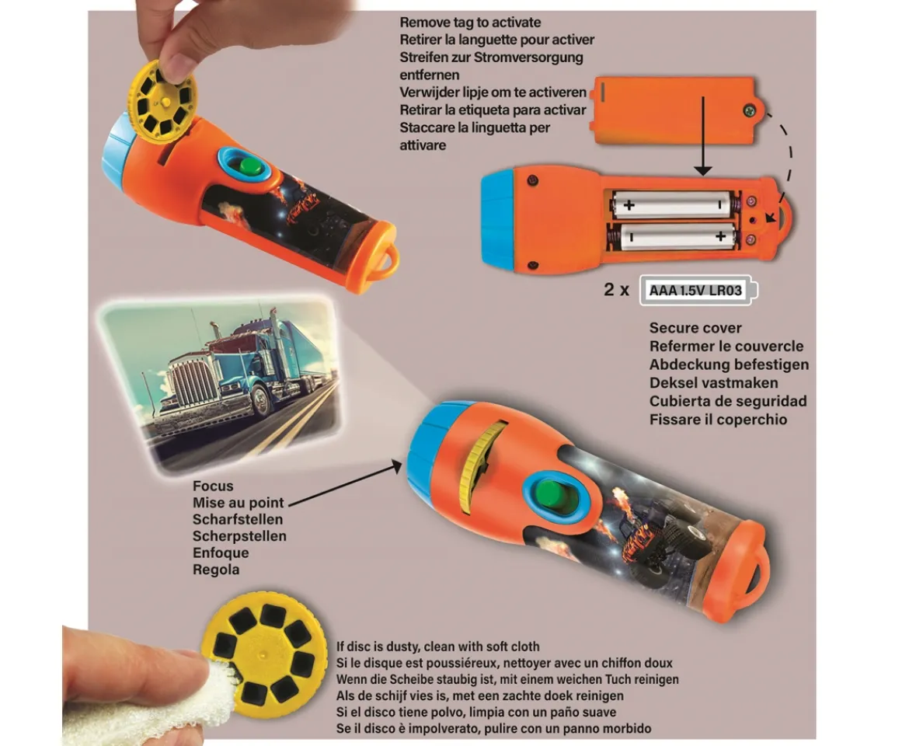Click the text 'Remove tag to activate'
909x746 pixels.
(470, 23)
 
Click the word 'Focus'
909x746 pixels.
(213, 486)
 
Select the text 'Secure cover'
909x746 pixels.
(695, 328)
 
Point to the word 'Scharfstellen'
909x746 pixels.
(238, 519)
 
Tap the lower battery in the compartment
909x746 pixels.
(670, 236)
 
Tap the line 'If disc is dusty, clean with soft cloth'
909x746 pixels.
(437, 646)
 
